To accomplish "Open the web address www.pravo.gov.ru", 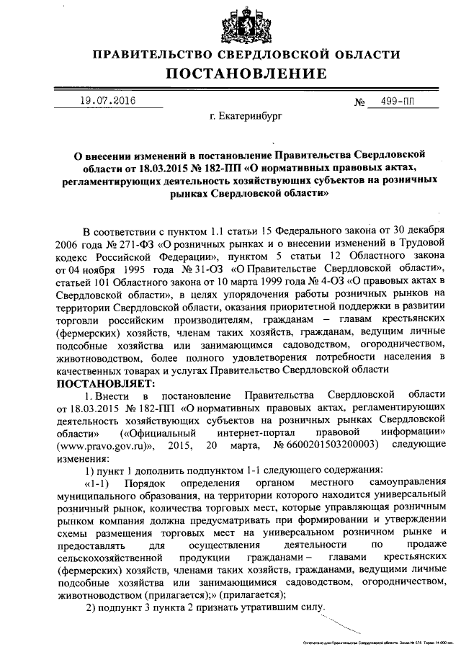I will [x=104, y=446].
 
